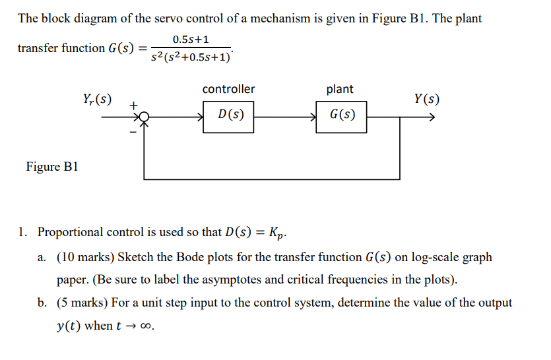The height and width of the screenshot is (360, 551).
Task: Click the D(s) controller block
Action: (228, 116)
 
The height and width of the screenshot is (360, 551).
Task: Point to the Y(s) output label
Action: (427, 100)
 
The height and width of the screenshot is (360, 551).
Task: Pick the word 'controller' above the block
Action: (228, 89)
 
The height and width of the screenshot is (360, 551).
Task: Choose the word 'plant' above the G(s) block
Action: (340, 89)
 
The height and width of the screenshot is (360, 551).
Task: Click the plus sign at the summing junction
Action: (133, 104)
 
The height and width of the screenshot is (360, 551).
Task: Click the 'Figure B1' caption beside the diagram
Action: (52, 166)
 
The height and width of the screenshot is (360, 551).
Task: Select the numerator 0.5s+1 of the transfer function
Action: (191, 40)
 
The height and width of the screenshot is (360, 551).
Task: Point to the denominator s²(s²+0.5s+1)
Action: (191, 57)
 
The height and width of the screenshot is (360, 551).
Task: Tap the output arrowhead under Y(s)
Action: (432, 117)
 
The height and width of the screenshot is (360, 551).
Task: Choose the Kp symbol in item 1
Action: (278, 233)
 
